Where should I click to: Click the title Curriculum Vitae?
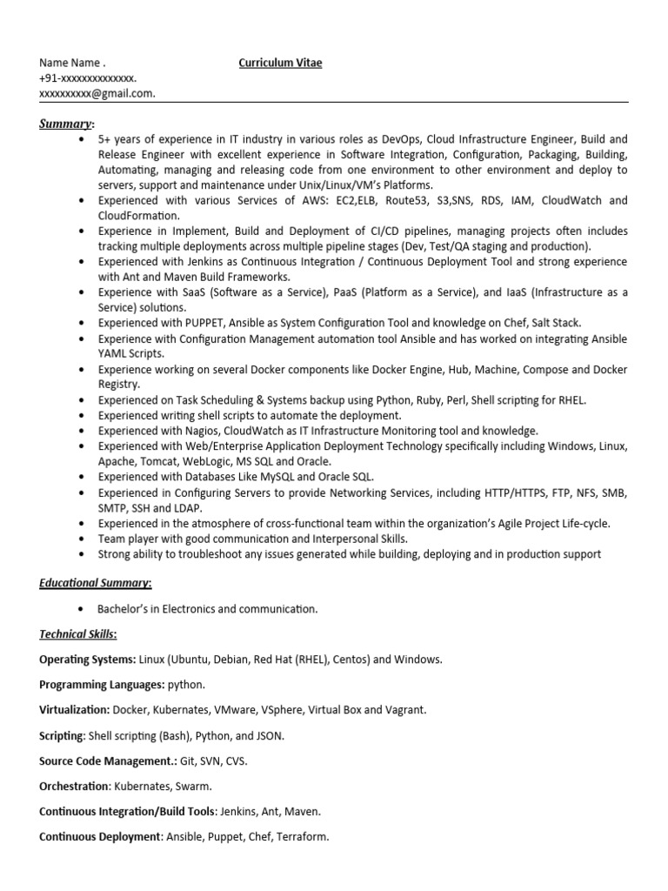[274, 64]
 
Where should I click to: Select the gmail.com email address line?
[97, 94]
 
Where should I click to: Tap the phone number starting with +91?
[88, 78]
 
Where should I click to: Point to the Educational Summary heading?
[96, 583]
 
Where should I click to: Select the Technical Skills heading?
[78, 634]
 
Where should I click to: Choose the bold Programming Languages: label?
[102, 685]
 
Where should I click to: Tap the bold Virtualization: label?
[75, 710]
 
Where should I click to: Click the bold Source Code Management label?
[107, 760]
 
